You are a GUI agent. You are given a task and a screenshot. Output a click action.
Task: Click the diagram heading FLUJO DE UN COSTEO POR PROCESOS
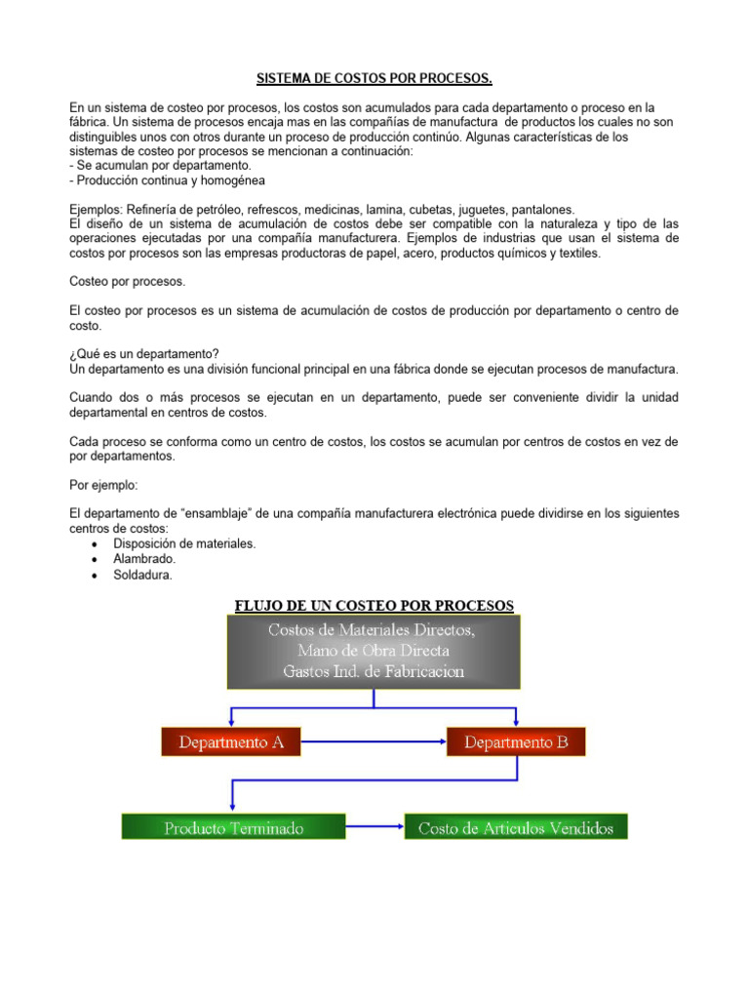pos(374,605)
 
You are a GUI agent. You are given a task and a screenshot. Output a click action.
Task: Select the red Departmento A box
pos(231,742)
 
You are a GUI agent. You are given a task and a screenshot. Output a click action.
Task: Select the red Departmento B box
pos(516,742)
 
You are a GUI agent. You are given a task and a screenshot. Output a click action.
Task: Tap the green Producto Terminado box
pos(233,827)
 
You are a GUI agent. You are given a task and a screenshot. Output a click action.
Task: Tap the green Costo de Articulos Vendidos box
pos(516,827)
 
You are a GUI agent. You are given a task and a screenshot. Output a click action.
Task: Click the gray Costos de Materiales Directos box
pos(374,651)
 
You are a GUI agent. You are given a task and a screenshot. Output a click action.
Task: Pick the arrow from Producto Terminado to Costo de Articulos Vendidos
pos(374,827)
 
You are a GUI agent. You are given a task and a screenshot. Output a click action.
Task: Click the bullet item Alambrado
pos(145,559)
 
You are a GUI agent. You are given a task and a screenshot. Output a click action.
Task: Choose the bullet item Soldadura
pos(143,576)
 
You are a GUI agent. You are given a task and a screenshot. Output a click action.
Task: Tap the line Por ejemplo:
pos(104,484)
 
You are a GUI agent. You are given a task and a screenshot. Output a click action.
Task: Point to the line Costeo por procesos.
pos(127,281)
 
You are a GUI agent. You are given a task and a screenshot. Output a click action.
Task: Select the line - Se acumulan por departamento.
pos(153,166)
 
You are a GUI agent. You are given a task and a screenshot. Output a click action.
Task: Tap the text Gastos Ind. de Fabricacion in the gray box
pos(374,671)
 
